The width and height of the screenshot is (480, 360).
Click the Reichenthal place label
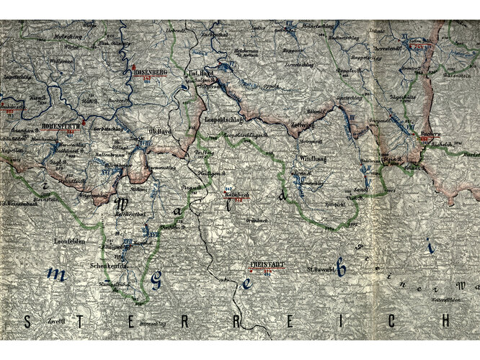tap(130, 215)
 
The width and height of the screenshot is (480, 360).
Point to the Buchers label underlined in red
tap(430, 135)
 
